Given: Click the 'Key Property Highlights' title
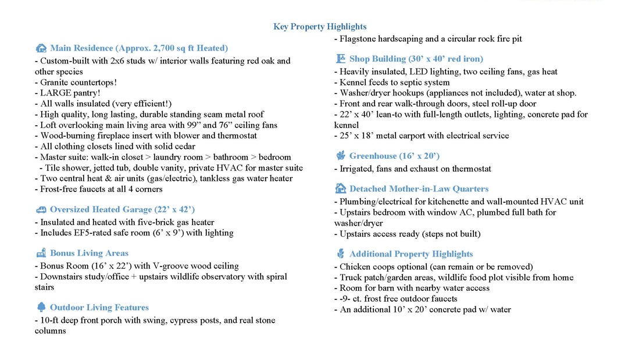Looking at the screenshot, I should (x=320, y=27).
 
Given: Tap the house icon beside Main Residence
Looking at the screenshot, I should (x=41, y=48).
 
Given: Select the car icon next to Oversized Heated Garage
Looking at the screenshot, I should (x=41, y=210).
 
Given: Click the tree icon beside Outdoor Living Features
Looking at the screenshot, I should (x=41, y=308).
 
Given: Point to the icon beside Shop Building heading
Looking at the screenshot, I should (x=340, y=59).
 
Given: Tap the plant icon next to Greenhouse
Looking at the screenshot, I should (x=340, y=156).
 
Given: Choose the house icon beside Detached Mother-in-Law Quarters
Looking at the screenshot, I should (x=340, y=188).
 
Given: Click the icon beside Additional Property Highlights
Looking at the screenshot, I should (x=340, y=254).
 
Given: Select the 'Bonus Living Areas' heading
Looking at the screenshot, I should (x=89, y=254).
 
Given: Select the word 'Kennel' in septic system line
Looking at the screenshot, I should (x=354, y=83).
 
